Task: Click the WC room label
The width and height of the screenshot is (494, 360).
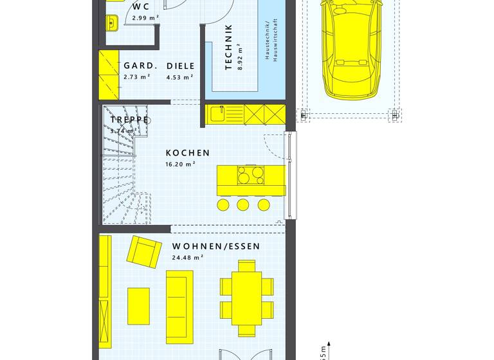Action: (x=141, y=7)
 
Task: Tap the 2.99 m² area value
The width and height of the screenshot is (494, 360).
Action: (x=145, y=18)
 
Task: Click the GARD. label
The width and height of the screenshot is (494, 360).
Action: (x=140, y=66)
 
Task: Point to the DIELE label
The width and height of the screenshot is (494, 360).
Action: (x=180, y=66)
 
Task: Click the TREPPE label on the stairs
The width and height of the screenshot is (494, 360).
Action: (x=129, y=120)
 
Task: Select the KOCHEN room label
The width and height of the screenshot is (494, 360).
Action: (x=188, y=153)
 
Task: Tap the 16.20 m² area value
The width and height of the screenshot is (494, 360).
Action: (x=180, y=164)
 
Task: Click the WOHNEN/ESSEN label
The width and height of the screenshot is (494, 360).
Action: (x=215, y=246)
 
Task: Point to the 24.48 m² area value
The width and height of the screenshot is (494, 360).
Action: (x=187, y=257)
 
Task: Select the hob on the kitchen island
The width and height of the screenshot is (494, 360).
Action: (x=250, y=175)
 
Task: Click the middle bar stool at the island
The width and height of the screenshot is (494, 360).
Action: (x=243, y=204)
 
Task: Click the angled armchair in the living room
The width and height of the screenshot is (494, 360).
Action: (x=144, y=251)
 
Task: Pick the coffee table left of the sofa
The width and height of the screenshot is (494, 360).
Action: (x=139, y=301)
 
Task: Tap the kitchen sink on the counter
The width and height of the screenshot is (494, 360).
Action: (x=217, y=114)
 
